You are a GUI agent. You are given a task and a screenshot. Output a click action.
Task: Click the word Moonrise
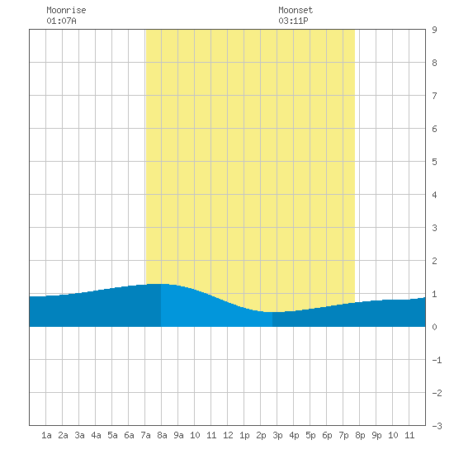pyautogui.click(x=66, y=10)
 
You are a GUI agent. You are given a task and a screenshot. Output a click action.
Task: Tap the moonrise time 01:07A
pyautogui.click(x=61, y=21)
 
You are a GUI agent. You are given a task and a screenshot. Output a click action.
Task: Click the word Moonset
pyautogui.click(x=296, y=10)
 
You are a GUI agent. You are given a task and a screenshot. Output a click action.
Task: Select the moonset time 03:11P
pyautogui.click(x=293, y=21)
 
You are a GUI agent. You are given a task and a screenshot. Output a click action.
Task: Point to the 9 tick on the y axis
pyautogui.click(x=434, y=30)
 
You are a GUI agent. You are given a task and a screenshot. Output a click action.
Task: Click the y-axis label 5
pyautogui.click(x=434, y=162)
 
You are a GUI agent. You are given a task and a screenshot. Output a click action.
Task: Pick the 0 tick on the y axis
pyautogui.click(x=434, y=327)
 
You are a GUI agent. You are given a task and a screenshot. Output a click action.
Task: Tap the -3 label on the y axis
pyautogui.click(x=437, y=426)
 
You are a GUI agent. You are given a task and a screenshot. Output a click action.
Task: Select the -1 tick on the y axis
pyautogui.click(x=437, y=360)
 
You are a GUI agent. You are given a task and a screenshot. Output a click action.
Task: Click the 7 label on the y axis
pyautogui.click(x=434, y=96)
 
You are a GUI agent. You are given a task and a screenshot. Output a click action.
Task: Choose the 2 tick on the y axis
pyautogui.click(x=434, y=261)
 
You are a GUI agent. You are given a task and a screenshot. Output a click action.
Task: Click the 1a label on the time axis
pyautogui.click(x=46, y=435)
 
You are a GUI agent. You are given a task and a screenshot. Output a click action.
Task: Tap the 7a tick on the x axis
pyautogui.click(x=145, y=435)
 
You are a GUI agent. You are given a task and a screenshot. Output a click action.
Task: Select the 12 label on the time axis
pyautogui.click(x=228, y=435)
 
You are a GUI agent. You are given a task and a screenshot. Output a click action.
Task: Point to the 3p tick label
pyautogui.click(x=277, y=435)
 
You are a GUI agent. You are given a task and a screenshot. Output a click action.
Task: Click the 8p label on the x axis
pyautogui.click(x=360, y=435)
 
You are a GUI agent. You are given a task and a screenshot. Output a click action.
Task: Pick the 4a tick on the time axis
pyautogui.click(x=96, y=435)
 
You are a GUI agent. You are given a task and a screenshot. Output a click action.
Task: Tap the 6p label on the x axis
pyautogui.click(x=327, y=435)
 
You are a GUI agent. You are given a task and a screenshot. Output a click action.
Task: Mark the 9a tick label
pyautogui.click(x=178, y=435)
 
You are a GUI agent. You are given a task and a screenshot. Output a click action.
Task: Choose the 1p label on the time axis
pyautogui.click(x=244, y=435)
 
